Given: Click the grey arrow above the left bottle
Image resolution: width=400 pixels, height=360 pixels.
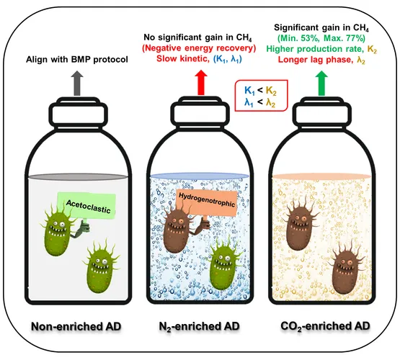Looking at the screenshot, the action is coord(77,84).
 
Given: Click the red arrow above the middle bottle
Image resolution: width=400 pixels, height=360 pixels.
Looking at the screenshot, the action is coord(201,83).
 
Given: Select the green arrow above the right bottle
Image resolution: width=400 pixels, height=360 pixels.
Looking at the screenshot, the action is coord(321,84).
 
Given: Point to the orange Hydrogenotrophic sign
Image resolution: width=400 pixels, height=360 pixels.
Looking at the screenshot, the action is coord(206,203).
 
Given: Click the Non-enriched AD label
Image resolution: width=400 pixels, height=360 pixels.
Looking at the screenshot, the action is coord(76,326).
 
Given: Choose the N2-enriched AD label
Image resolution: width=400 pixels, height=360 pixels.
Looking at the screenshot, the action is coord(199,326).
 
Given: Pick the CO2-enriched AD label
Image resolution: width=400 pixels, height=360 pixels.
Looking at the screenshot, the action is coord(325,326).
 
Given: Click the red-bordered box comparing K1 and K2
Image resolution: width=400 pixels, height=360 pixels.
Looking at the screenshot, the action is coord(261,96).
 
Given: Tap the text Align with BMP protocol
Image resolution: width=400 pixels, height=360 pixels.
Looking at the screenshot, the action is coord(77,60).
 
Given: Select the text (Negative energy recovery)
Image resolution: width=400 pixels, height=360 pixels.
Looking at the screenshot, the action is coord(199,48).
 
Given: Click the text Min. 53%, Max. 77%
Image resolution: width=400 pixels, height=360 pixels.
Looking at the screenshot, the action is coord(321,38).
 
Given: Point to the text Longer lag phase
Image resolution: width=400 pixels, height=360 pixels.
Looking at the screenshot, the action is coord(314,60).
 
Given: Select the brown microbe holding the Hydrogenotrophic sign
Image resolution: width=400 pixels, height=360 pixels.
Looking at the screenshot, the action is coord(179,228).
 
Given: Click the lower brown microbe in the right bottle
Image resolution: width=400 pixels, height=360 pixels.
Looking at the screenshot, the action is coord(345,270).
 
